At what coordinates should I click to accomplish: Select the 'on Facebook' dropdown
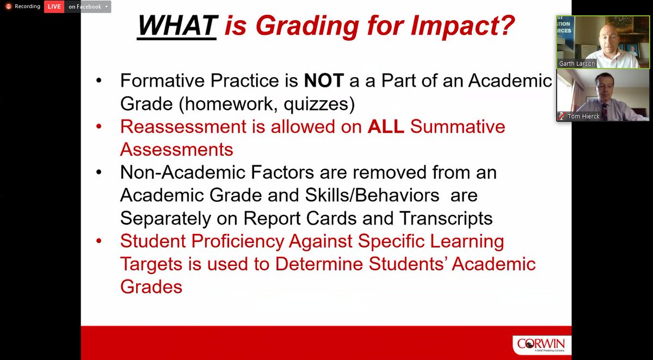pos(88,7)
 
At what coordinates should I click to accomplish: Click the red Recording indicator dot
pos(8,7)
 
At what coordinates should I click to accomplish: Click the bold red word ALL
pos(386,127)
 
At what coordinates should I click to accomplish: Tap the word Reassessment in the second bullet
pos(178,127)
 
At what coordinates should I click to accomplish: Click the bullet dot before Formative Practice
pos(98,81)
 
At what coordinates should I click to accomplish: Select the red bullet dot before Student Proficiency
pos(98,241)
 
